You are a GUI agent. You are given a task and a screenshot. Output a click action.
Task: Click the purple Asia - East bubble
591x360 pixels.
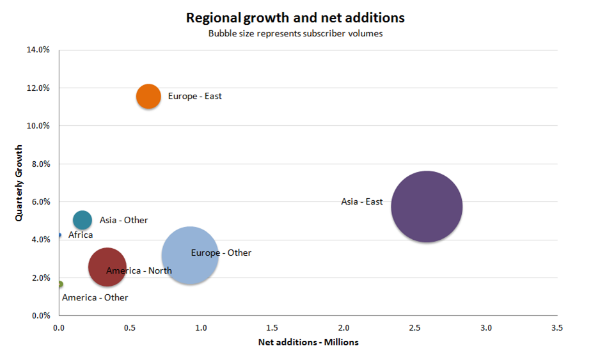tap(427, 207)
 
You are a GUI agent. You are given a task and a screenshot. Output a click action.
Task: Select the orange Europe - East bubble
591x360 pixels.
tap(148, 97)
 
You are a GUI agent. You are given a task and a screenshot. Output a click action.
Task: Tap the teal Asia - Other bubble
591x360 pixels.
tap(83, 220)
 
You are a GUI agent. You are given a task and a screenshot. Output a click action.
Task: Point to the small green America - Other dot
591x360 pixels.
tap(59, 284)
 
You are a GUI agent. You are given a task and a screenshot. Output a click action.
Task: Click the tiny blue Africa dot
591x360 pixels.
tap(59, 235)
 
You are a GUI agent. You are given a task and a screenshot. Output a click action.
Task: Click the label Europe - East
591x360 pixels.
tap(194, 97)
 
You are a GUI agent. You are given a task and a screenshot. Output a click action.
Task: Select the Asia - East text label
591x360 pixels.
tap(362, 202)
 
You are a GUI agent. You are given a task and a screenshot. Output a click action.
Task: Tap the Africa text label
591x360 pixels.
tap(81, 235)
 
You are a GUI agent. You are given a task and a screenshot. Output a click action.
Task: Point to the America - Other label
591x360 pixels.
tap(95, 297)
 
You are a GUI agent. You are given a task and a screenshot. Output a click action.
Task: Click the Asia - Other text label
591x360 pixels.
tap(123, 220)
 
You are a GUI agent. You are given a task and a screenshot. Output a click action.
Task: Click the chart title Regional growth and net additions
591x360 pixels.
tap(295, 17)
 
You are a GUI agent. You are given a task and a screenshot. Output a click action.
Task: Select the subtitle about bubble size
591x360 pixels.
tap(295, 33)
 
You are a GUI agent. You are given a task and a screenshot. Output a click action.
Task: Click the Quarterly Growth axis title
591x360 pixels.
tap(20, 182)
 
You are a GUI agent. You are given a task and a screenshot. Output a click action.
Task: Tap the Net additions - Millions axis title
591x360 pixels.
tap(308, 342)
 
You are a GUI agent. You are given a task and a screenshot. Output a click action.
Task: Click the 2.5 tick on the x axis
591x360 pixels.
tap(414, 327)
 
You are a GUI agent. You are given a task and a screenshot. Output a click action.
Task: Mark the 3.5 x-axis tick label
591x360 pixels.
tap(557, 327)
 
